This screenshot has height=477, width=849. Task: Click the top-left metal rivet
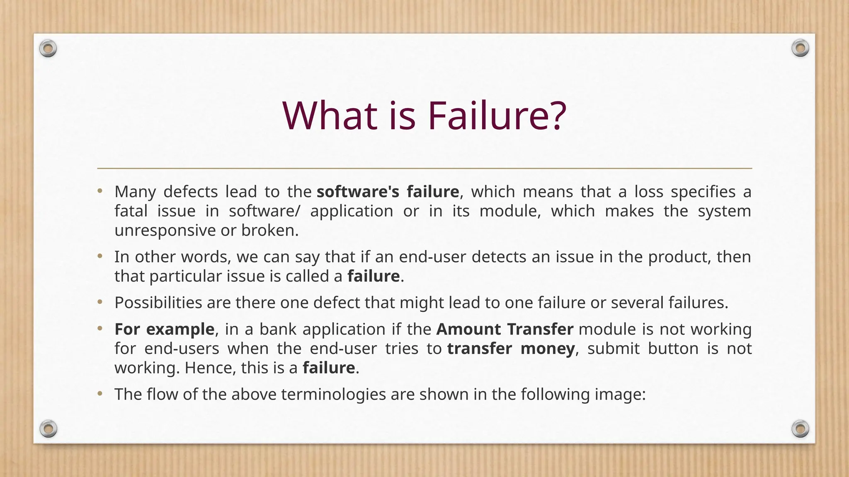[48, 49]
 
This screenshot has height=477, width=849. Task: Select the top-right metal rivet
[800, 48]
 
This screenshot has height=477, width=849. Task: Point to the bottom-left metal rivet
[48, 429]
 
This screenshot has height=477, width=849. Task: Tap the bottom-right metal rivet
[800, 429]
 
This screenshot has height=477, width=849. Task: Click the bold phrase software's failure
[388, 192]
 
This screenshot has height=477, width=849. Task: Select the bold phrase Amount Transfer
[505, 329]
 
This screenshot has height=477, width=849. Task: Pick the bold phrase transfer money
[511, 349]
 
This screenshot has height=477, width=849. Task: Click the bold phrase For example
[164, 329]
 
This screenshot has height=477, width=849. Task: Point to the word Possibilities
[158, 303]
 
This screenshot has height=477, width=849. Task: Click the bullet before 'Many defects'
[99, 191]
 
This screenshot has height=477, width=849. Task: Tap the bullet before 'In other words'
[99, 257]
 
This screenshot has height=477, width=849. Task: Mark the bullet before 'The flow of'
[99, 394]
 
